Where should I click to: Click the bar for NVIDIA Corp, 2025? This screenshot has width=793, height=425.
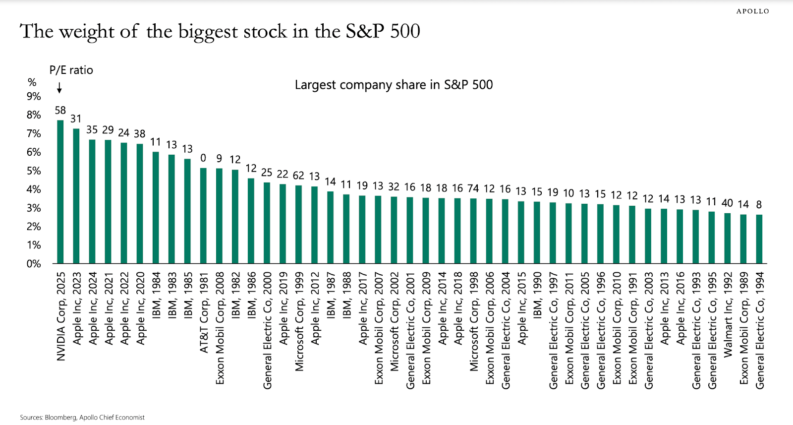click(60, 191)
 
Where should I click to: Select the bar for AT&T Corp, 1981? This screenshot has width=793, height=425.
click(203, 216)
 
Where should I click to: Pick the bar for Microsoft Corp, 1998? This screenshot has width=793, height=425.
click(473, 231)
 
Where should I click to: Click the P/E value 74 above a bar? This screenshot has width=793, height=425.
click(473, 188)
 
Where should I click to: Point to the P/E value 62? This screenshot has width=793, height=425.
click(298, 176)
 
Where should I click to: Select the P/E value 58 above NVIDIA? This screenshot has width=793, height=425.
click(60, 110)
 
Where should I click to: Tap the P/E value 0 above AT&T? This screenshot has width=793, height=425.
click(203, 158)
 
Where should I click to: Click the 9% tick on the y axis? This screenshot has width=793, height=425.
click(34, 96)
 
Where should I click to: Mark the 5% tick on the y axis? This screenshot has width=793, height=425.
click(34, 171)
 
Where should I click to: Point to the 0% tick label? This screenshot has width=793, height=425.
click(34, 264)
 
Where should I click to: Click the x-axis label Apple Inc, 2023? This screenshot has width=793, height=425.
click(77, 308)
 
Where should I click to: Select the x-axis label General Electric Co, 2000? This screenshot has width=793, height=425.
click(267, 330)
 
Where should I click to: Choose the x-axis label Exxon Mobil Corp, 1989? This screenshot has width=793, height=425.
click(743, 328)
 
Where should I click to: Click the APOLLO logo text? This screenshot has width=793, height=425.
click(752, 11)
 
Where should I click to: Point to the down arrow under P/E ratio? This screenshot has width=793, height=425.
click(59, 88)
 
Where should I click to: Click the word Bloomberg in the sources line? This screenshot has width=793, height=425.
click(60, 418)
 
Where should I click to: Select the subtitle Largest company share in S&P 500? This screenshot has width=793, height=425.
click(394, 85)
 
